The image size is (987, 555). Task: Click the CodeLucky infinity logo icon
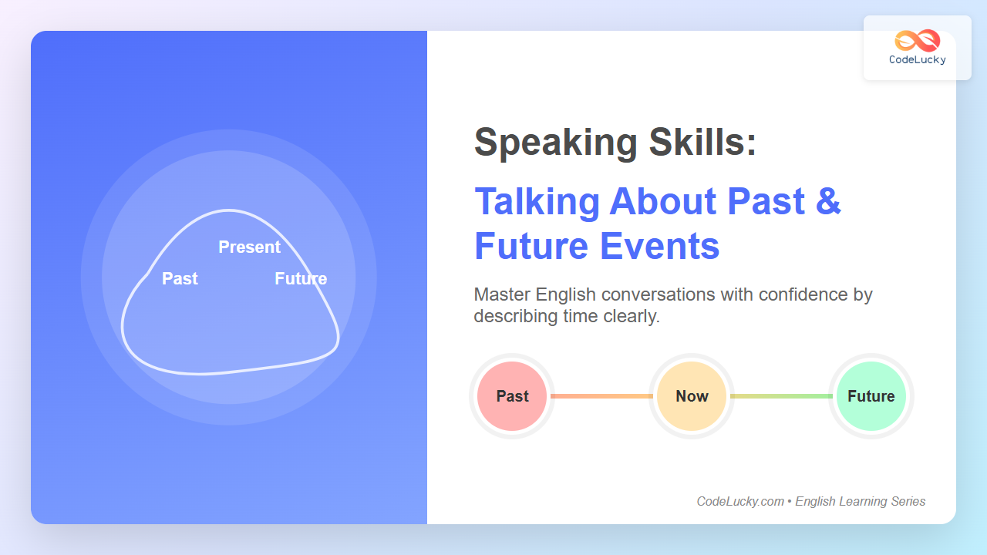coord(918,40)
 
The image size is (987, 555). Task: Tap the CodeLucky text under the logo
coord(918,60)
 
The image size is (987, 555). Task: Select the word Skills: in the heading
coord(702,142)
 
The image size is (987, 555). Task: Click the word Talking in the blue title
coord(537,203)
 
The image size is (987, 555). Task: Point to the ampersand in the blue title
coord(828,201)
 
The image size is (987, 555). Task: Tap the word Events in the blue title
coord(659,246)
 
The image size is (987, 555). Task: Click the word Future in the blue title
coord(531,246)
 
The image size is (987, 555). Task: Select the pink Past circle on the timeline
coord(512,396)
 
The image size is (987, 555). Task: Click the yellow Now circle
coord(692,396)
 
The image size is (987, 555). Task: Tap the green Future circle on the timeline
coord(871,396)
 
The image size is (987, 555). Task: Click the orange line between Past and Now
coord(602,396)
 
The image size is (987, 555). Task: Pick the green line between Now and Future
coord(781,396)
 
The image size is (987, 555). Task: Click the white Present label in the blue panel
coord(249,247)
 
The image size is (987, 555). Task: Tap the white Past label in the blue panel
coord(180,278)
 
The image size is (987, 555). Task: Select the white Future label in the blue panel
coord(301,278)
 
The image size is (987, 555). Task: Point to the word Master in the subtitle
coord(502,294)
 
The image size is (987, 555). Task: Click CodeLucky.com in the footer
coord(740,501)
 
